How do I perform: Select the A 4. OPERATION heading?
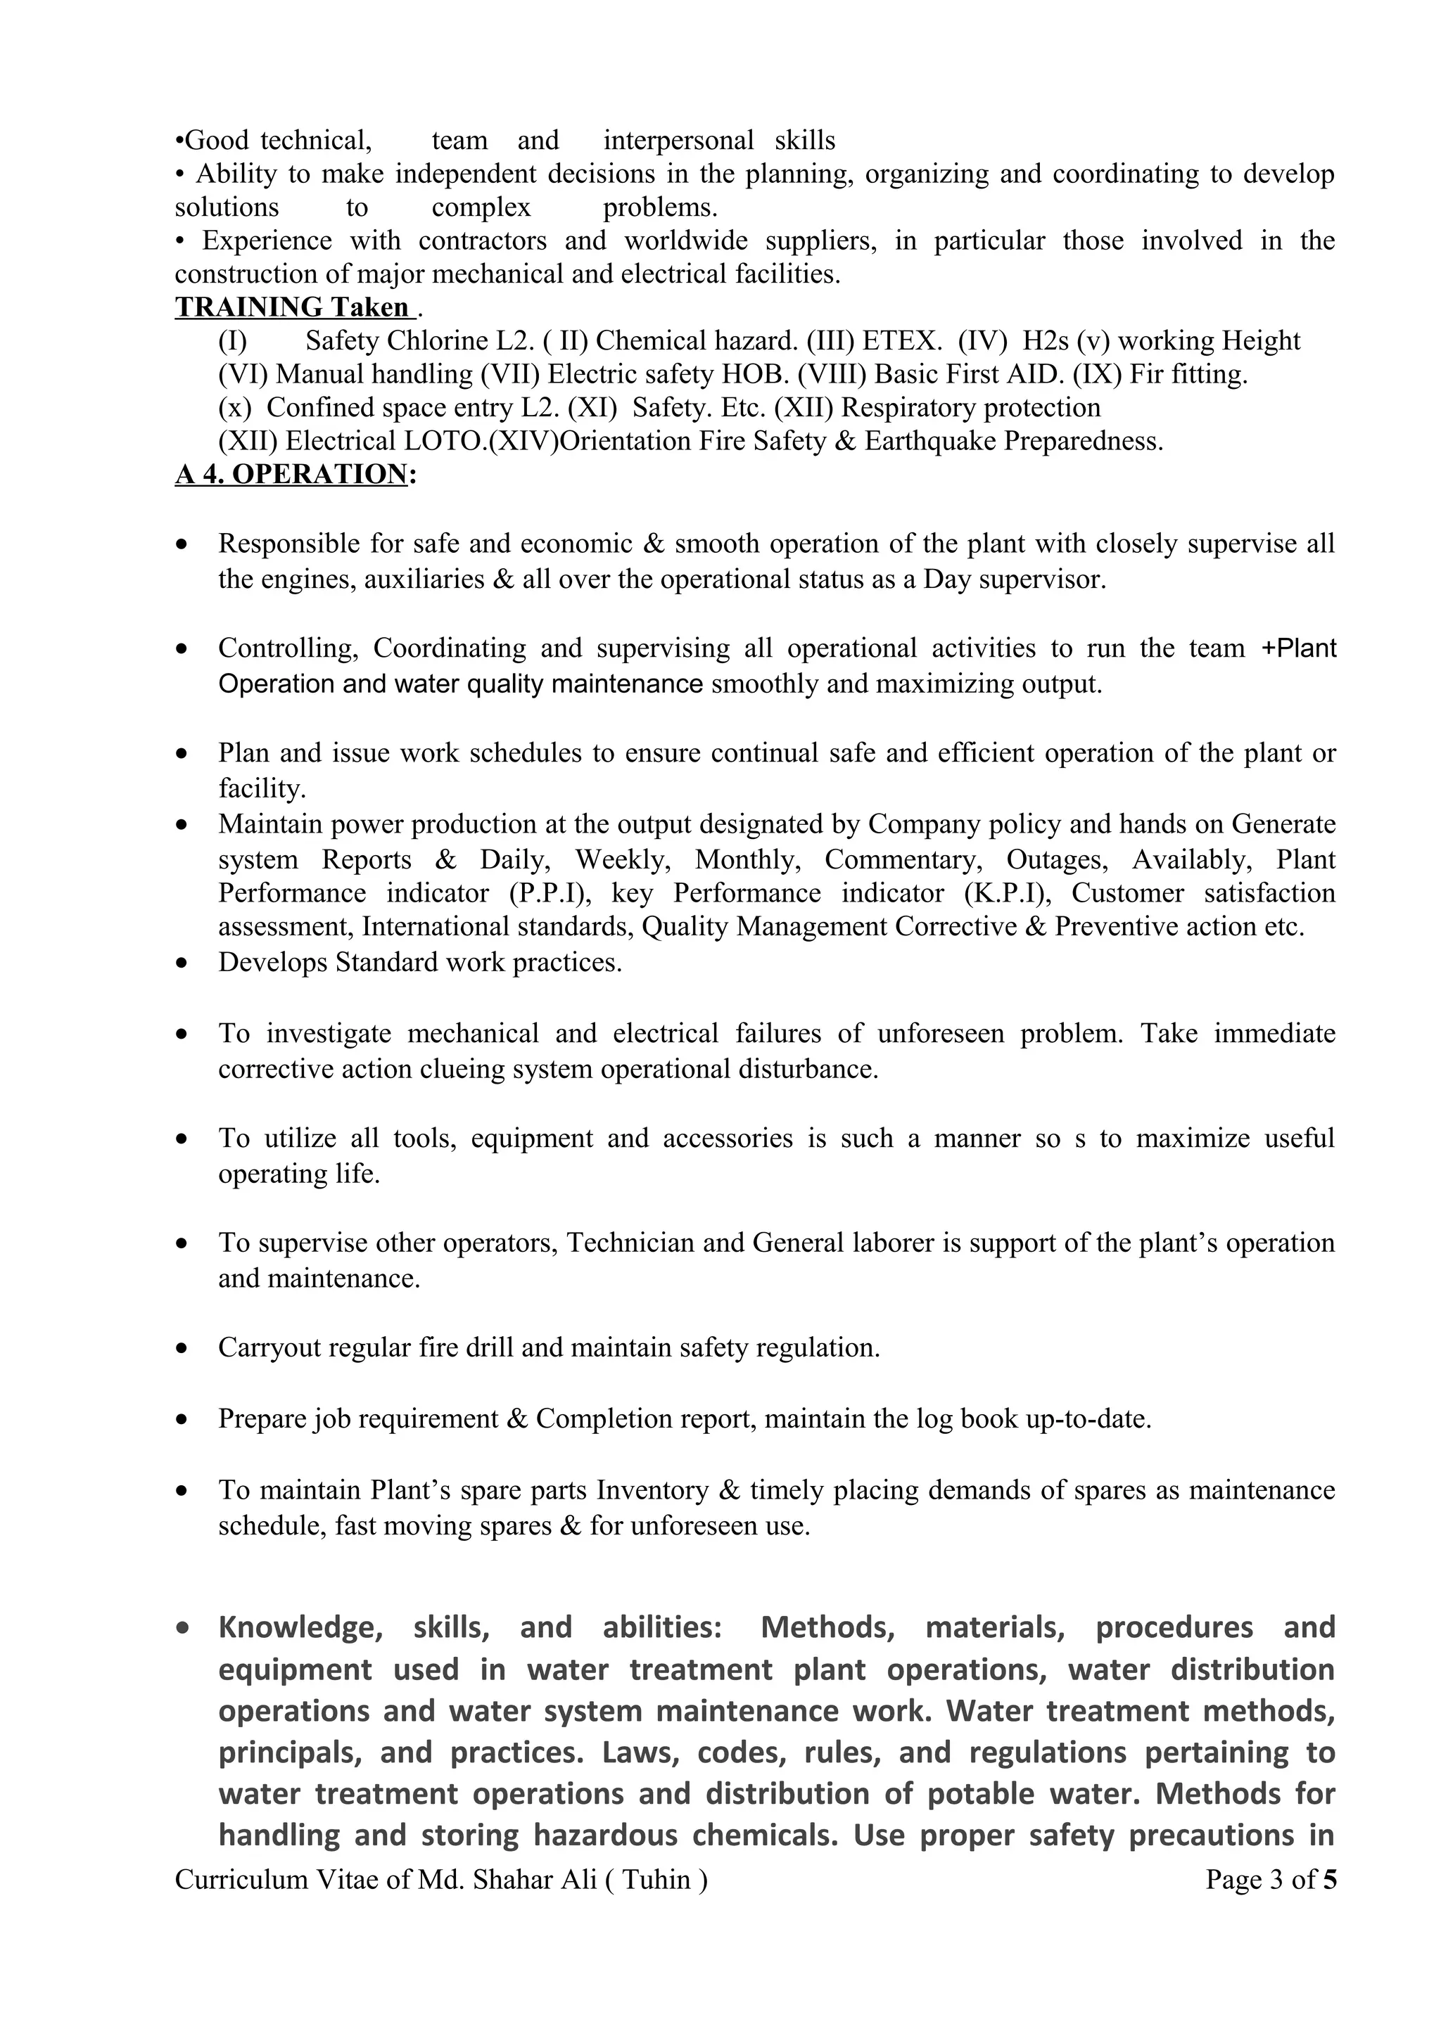pos(291,474)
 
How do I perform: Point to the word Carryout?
pos(269,1347)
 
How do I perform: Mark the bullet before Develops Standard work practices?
pos(182,963)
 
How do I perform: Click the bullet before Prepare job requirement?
pos(182,1419)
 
